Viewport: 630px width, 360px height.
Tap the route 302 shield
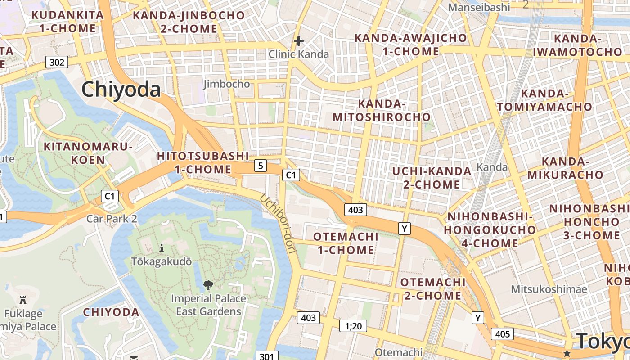click(57, 62)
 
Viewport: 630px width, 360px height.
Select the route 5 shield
click(260, 166)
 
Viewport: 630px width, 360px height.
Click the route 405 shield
click(502, 333)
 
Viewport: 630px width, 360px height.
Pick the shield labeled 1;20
click(353, 326)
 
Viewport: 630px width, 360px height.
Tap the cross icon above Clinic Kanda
click(298, 41)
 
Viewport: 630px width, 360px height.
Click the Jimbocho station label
click(226, 84)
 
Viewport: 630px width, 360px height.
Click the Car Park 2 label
click(112, 219)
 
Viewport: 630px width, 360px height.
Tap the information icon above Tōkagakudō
click(162, 248)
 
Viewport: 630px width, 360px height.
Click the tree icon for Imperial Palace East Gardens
click(208, 285)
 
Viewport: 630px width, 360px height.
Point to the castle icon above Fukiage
click(23, 300)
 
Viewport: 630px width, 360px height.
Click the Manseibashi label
click(479, 7)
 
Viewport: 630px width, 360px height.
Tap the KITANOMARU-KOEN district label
click(88, 153)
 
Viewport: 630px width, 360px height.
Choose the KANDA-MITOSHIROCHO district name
click(382, 111)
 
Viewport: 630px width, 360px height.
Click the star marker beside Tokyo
click(567, 353)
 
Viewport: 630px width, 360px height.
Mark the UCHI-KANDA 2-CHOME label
click(432, 178)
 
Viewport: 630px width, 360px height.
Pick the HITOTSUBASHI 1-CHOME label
click(202, 163)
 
